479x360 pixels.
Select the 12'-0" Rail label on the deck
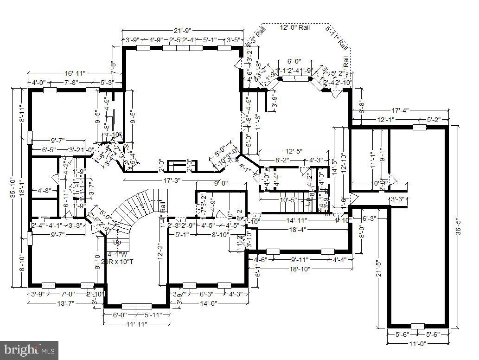click(295, 28)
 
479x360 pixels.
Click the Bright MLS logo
click(29, 349)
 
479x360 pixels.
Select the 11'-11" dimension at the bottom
click(136, 324)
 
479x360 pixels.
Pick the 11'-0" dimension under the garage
click(417, 343)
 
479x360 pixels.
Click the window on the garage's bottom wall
click(417, 326)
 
